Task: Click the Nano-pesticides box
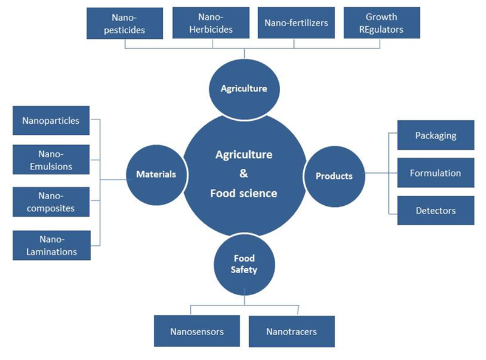pos(125,24)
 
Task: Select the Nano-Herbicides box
pos(211,24)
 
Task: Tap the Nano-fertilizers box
pos(296,23)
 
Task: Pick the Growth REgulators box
pos(382,23)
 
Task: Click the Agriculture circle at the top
pos(244,88)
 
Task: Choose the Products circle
pos(334,176)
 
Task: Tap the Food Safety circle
pos(244,264)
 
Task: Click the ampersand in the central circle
pos(244,174)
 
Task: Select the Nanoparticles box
pos(51,120)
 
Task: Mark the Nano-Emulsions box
pos(51,160)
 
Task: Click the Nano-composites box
pos(51,202)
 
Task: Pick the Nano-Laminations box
pos(51,245)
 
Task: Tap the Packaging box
pos(436,135)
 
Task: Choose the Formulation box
pos(436,173)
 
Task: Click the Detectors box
pos(436,211)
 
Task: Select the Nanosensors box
pos(196,331)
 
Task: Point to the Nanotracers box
pos(291,331)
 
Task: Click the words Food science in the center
pos(244,194)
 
